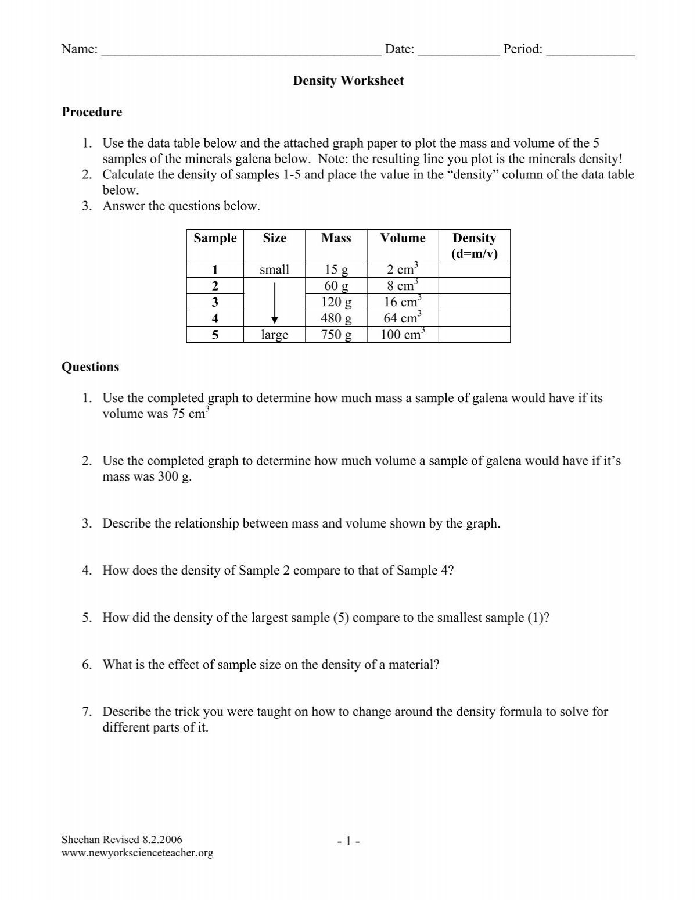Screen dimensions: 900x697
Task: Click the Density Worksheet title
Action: tap(348, 81)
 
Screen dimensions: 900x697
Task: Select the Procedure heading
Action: tap(92, 112)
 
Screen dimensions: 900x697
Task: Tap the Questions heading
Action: tap(90, 367)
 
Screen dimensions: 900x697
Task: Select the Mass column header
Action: tap(336, 238)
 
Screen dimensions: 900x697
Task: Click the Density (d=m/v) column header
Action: tap(474, 246)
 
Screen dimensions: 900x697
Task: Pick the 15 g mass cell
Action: tap(336, 270)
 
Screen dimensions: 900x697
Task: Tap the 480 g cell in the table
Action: tap(336, 318)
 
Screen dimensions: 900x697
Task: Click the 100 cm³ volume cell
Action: tap(402, 335)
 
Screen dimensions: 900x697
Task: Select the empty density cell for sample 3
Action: tap(474, 302)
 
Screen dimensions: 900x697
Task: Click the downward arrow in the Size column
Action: tap(274, 302)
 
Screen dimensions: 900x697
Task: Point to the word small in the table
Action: tap(274, 270)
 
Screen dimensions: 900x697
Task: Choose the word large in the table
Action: tap(274, 335)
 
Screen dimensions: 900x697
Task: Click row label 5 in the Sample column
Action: tap(215, 335)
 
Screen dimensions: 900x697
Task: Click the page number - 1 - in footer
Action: tap(348, 841)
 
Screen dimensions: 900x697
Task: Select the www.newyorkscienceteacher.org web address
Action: tap(137, 853)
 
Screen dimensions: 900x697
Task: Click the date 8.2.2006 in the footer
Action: tap(161, 840)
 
